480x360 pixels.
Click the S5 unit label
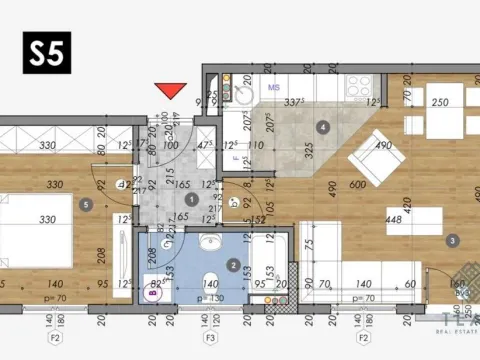(x=46, y=52)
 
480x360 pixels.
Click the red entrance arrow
(x=173, y=91)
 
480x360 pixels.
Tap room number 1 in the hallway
(x=191, y=201)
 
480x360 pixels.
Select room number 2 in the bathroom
(x=233, y=265)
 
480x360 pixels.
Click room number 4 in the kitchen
(x=322, y=127)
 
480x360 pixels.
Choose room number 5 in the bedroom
(x=87, y=205)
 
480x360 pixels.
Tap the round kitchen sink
(x=244, y=95)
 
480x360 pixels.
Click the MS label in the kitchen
(x=273, y=88)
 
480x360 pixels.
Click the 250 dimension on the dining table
(x=439, y=103)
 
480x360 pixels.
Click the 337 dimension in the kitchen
(x=294, y=102)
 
